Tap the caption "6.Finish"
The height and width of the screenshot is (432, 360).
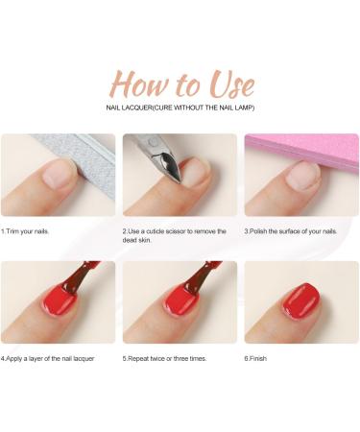258,358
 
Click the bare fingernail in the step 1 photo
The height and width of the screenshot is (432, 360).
60,174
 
